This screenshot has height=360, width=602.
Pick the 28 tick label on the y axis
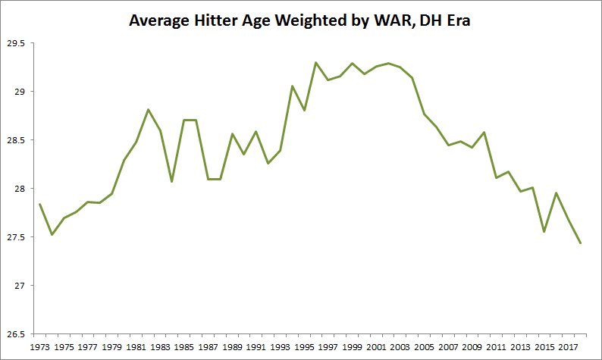[x=19, y=189]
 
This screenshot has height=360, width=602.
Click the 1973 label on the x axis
[x=39, y=347]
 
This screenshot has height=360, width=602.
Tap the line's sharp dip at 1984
[x=172, y=182]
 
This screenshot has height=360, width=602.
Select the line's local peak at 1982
[x=148, y=110]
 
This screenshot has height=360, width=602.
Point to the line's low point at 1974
[x=52, y=235]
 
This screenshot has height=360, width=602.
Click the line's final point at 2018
[x=580, y=243]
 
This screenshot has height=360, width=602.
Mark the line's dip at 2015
[x=544, y=232]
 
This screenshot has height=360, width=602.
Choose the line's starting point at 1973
[x=39, y=204]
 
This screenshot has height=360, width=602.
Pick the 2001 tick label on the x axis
[x=376, y=347]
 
